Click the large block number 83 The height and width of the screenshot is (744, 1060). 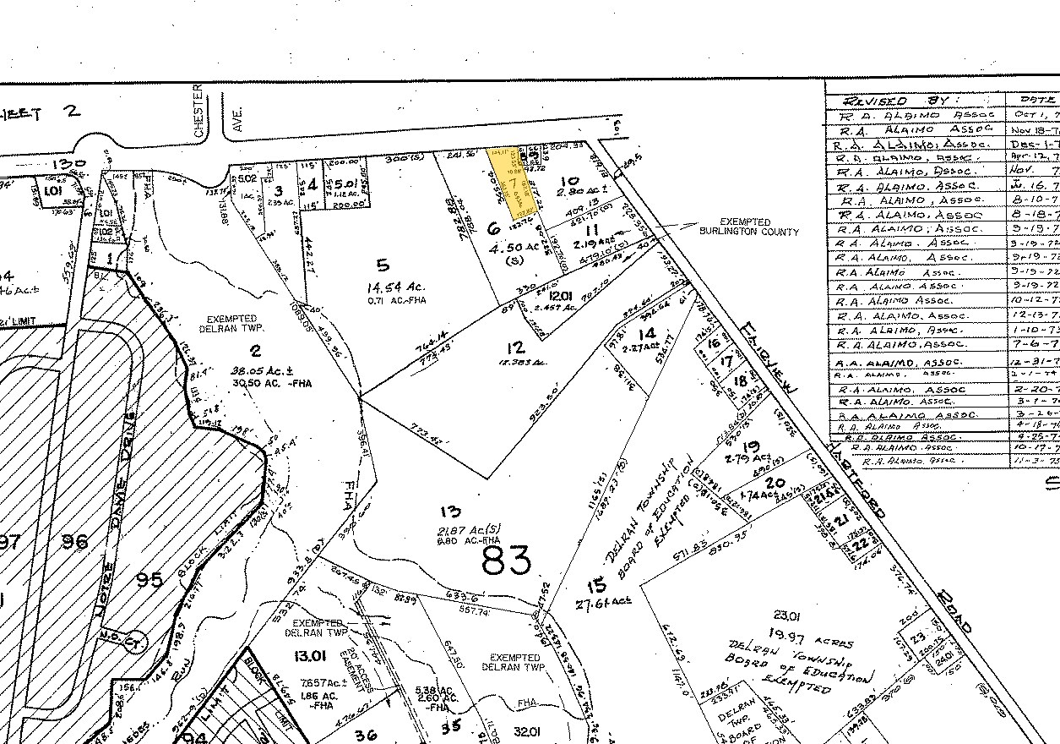506,560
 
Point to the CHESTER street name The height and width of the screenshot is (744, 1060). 199,110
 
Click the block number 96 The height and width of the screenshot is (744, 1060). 70,541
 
